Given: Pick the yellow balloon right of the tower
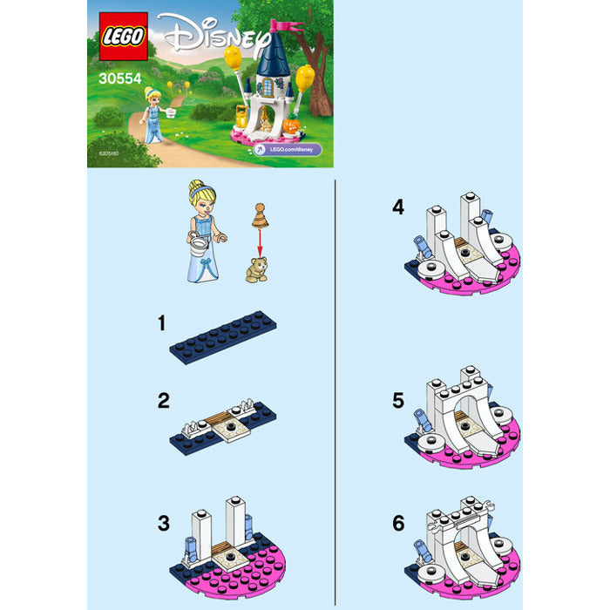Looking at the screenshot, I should coord(304,78).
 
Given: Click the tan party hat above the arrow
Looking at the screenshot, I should coord(259,213).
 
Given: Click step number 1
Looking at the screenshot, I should coord(161,323).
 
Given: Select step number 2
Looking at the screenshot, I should coord(162,401).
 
